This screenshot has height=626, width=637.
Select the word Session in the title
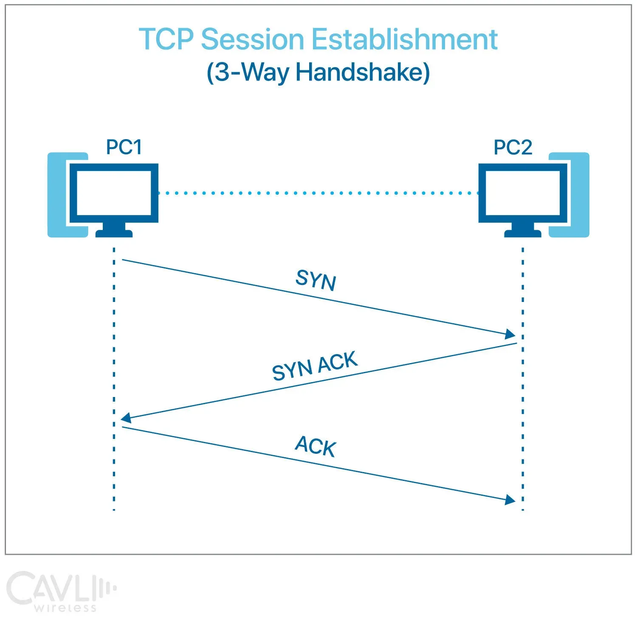click(252, 39)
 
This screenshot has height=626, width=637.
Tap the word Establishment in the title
click(404, 39)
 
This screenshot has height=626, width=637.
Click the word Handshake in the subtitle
click(362, 72)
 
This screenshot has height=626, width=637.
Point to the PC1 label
click(124, 147)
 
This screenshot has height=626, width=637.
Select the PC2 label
click(513, 147)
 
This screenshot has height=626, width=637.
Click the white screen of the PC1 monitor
click(113, 193)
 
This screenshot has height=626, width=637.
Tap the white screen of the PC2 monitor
click(522, 193)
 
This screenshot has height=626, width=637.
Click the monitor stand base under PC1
click(114, 233)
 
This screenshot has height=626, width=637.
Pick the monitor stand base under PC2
click(522, 233)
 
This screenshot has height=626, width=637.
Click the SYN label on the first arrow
click(316, 280)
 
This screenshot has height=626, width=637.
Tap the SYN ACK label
click(315, 366)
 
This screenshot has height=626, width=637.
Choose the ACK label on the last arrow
click(316, 446)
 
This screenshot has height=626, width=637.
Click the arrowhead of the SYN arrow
click(510, 334)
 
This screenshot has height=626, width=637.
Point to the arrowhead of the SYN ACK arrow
click(126, 418)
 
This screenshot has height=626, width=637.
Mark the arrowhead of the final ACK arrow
click(510, 500)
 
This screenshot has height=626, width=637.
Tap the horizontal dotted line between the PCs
click(318, 193)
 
